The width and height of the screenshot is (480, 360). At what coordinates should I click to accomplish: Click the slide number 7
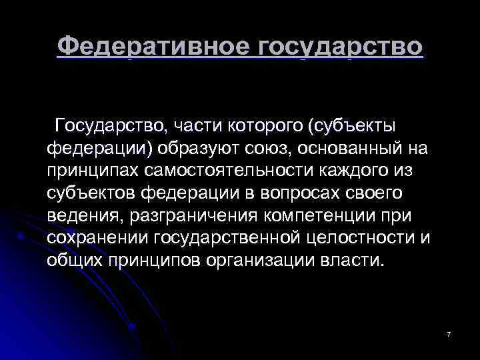[449, 333]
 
